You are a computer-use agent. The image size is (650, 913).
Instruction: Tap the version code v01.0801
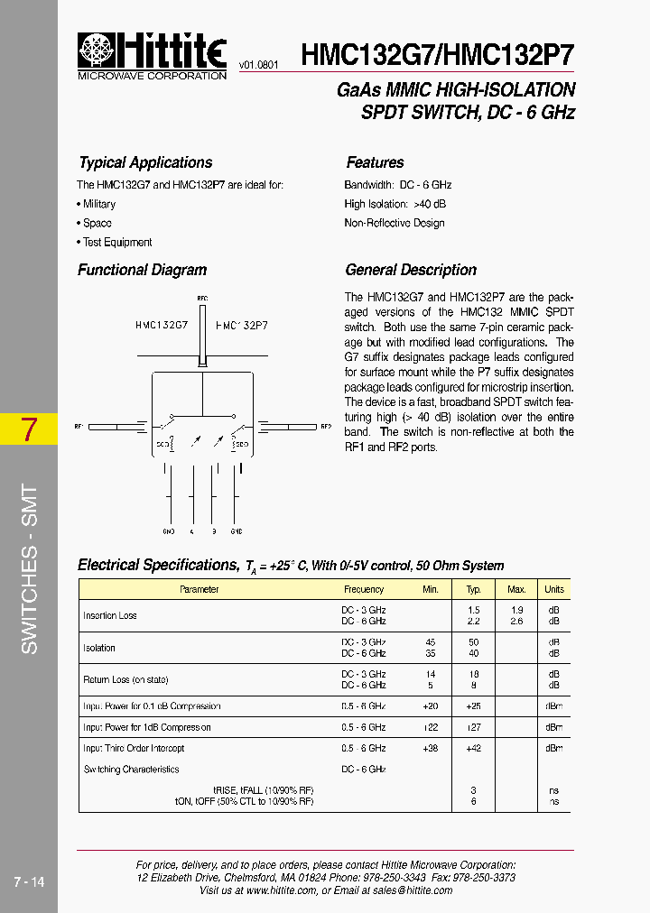(259, 66)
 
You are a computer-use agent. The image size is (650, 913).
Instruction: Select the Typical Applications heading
(145, 162)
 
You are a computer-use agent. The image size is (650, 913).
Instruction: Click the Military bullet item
(98, 204)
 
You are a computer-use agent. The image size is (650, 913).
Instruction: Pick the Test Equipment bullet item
(116, 242)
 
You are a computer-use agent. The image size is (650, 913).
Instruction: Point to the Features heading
(375, 162)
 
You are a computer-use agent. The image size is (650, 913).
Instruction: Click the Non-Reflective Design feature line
(394, 223)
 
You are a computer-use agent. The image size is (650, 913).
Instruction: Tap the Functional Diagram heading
(142, 270)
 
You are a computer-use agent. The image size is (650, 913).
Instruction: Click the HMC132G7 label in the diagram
(162, 324)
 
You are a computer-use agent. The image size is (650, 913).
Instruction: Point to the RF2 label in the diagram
(326, 425)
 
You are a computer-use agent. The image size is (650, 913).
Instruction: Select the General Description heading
(411, 270)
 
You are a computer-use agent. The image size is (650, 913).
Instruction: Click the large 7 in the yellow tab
(29, 429)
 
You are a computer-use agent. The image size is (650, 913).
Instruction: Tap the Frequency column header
(364, 589)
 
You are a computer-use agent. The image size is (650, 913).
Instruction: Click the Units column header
(553, 589)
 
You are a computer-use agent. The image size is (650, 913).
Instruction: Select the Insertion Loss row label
(110, 615)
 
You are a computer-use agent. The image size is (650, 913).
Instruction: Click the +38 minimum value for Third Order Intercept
(431, 748)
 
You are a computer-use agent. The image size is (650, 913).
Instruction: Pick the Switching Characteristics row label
(131, 770)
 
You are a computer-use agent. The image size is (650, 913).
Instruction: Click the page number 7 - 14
(29, 881)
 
